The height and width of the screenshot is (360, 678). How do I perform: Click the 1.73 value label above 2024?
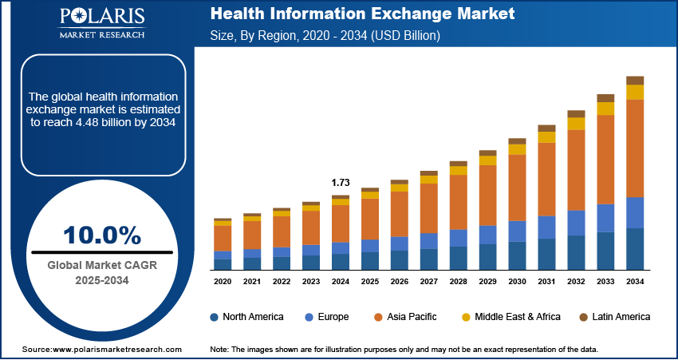click(340, 183)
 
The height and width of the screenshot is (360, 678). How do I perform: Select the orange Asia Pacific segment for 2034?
click(635, 148)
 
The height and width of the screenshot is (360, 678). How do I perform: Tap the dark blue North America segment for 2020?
click(223, 264)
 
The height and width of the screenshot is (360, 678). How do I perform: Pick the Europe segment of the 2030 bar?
click(517, 231)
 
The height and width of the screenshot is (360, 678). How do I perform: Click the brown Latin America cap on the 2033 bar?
click(605, 98)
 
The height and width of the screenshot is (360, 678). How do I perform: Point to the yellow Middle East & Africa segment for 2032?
click(576, 124)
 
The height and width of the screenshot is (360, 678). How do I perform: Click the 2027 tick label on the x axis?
click(429, 282)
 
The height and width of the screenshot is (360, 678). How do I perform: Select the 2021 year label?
click(252, 282)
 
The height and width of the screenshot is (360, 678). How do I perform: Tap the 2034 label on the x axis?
click(635, 282)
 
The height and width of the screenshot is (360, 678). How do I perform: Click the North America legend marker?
click(215, 317)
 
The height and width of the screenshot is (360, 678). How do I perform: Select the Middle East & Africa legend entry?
click(510, 317)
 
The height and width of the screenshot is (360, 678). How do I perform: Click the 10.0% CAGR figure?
click(102, 235)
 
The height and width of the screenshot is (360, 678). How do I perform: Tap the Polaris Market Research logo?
click(101, 23)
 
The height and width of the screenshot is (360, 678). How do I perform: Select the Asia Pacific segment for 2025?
click(370, 219)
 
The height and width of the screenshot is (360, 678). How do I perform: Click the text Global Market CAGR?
click(102, 265)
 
